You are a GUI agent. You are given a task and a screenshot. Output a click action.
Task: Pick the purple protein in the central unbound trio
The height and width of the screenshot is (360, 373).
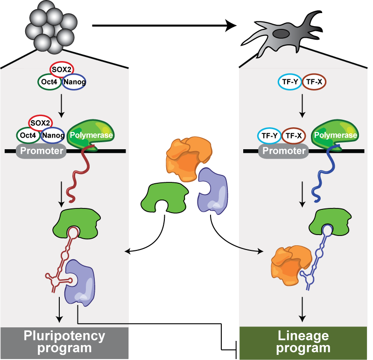pyautogui.click(x=212, y=191)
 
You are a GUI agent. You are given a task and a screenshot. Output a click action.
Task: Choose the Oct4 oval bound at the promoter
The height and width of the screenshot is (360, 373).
pyautogui.click(x=28, y=136)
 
